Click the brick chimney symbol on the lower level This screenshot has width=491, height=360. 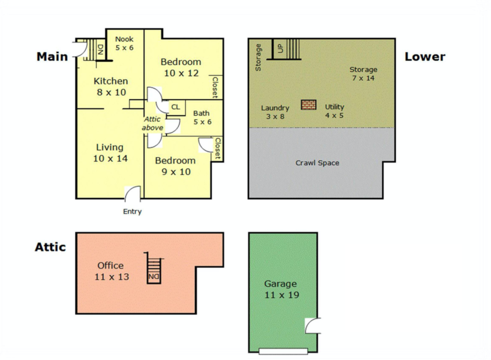[x=308, y=105]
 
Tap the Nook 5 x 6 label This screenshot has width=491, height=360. [x=124, y=43]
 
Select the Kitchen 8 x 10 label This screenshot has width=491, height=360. [x=111, y=86]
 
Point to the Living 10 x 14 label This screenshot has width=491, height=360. [x=110, y=153]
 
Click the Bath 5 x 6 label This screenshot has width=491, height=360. [x=202, y=117]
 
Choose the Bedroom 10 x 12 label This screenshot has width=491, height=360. [x=181, y=67]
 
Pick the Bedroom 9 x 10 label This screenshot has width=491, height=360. [x=175, y=166]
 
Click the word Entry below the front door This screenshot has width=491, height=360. [x=132, y=211]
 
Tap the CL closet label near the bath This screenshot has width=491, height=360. [x=175, y=107]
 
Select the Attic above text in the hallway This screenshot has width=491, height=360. [x=152, y=123]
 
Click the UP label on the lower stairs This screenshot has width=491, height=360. [x=280, y=48]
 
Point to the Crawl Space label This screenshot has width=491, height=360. [x=317, y=163]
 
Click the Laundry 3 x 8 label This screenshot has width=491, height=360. [x=275, y=112]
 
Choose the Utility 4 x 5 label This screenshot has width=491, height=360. [x=334, y=111]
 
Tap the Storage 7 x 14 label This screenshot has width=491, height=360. [x=363, y=73]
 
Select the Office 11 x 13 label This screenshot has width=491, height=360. [x=111, y=271]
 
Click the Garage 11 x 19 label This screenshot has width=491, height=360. [x=281, y=289]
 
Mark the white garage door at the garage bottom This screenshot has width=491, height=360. [x=283, y=351]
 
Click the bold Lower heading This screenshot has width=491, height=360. [x=425, y=57]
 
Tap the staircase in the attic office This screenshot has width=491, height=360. [x=154, y=268]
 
